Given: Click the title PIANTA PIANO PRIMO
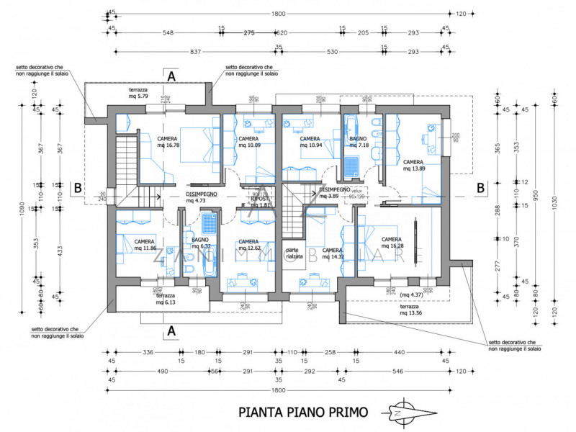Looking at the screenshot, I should [303, 413].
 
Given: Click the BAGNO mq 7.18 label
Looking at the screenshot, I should [359, 142].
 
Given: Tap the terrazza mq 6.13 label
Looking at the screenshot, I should [166, 299].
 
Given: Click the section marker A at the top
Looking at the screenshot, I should [171, 76].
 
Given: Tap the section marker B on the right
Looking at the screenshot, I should [478, 187].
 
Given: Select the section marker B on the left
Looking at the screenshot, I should [77, 187].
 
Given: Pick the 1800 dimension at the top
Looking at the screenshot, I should [279, 14].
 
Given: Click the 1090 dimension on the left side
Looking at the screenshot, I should [22, 207].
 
